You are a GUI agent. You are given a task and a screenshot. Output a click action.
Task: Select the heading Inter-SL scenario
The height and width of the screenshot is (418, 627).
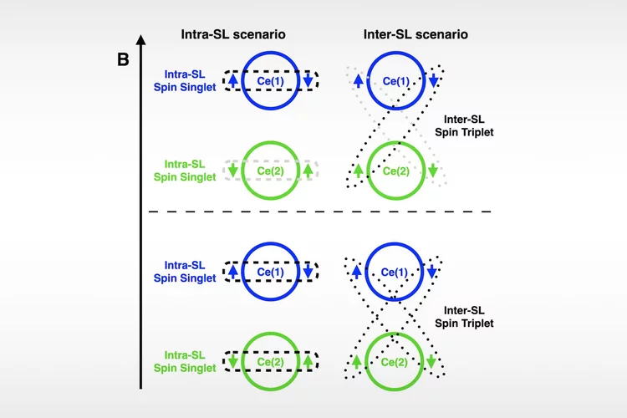pos(415,35)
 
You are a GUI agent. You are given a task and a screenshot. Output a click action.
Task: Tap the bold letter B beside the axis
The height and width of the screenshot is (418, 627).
pos(123,60)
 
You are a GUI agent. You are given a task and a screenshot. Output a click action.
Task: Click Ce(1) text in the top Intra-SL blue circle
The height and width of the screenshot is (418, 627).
pos(271,80)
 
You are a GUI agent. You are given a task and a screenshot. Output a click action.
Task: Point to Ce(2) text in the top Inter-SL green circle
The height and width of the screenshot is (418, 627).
pos(396,171)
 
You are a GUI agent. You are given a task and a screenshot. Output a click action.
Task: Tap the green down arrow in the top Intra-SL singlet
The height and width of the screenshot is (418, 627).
pos(233,172)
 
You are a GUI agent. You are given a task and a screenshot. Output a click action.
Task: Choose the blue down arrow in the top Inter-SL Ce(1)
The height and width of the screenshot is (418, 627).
pos(433,80)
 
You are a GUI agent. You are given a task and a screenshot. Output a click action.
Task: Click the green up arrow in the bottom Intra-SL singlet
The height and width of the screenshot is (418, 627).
pos(308,363)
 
